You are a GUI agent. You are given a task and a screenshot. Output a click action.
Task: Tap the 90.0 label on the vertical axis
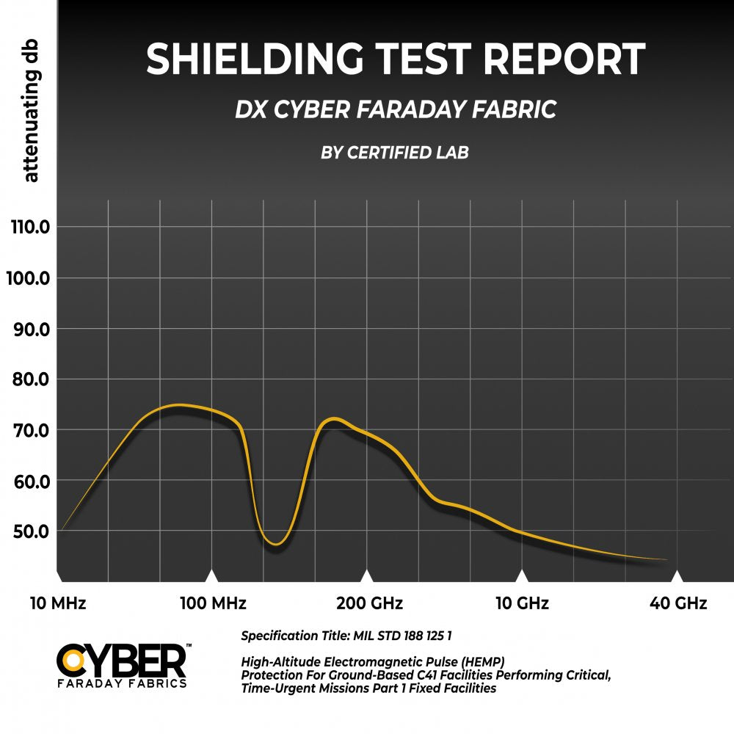[31, 329]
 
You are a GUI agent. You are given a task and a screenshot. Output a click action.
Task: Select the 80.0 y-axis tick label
[31, 379]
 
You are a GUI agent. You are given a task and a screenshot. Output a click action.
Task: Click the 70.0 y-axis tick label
[31, 430]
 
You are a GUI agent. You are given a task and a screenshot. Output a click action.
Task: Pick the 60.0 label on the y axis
[31, 481]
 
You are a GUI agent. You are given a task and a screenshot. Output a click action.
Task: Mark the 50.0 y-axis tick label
[31, 531]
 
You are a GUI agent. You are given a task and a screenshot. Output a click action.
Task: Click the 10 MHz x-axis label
[58, 603]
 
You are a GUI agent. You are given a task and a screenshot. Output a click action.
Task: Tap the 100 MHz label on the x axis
[213, 603]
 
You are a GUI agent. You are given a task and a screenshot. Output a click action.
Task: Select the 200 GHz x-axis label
[370, 603]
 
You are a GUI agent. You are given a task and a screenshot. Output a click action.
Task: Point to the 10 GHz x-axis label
[522, 603]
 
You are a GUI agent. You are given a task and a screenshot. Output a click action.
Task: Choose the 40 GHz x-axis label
[678, 603]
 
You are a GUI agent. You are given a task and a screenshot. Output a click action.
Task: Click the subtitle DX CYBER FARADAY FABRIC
[396, 110]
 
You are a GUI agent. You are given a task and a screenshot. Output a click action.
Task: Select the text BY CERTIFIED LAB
[395, 153]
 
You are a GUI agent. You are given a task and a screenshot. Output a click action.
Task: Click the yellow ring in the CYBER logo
[73, 660]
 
